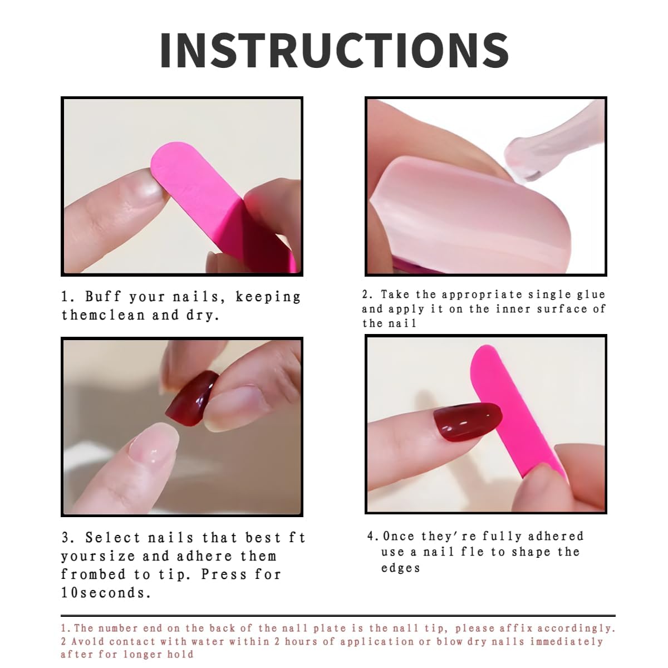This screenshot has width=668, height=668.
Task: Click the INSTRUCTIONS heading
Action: [x=334, y=51]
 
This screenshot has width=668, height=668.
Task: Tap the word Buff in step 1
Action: [x=103, y=296]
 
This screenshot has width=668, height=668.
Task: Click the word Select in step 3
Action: [x=112, y=538]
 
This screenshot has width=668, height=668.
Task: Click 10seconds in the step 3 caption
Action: [x=106, y=592]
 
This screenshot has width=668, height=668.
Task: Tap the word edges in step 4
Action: [x=400, y=568]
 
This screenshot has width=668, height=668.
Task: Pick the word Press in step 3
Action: [x=224, y=574]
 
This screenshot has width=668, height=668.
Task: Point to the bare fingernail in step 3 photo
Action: [x=154, y=444]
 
